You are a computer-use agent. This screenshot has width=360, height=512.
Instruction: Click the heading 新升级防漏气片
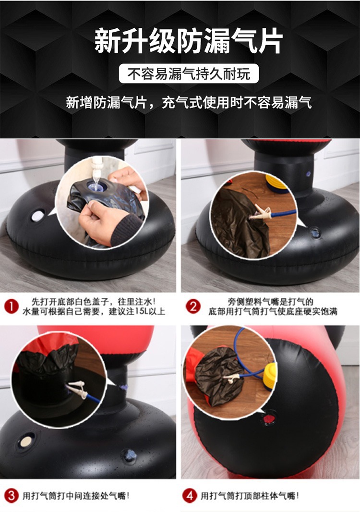(189, 41)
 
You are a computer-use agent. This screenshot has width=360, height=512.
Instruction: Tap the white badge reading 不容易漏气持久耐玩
(189, 74)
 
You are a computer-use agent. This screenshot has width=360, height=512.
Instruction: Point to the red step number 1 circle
(12, 306)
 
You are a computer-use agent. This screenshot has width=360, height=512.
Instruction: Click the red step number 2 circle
(193, 306)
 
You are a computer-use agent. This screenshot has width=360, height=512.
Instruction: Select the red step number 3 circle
(12, 496)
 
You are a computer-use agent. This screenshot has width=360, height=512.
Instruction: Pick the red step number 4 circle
(190, 496)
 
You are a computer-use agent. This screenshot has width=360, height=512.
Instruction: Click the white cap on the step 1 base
(37, 216)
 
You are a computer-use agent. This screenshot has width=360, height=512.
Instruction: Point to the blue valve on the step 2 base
(314, 233)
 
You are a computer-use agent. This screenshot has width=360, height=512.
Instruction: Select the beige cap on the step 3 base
(26, 441)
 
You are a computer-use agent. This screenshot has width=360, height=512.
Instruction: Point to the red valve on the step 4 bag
(269, 418)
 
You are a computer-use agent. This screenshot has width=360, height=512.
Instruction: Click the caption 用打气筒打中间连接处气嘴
(76, 496)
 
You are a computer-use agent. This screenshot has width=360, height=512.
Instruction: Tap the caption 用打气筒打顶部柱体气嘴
(250, 496)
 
